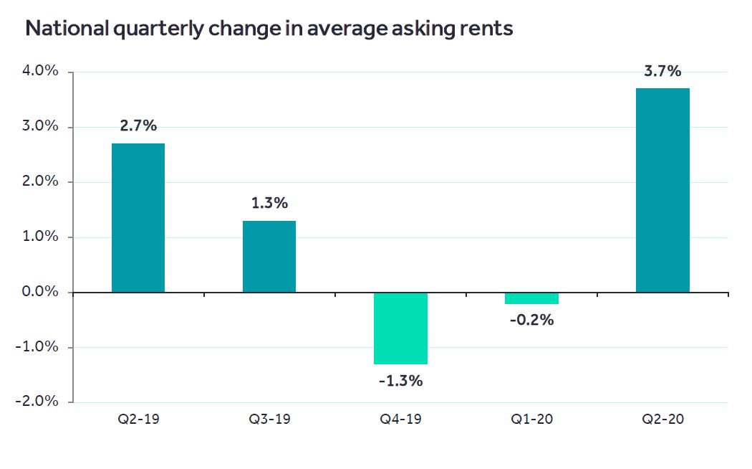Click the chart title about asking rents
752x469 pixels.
tap(269, 29)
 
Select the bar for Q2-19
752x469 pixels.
tap(138, 218)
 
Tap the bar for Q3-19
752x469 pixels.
tap(269, 256)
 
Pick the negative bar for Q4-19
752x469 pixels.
tap(400, 328)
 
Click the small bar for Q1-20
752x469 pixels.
tap(531, 298)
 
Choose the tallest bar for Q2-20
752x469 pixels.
tap(662, 190)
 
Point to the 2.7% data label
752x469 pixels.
tap(138, 126)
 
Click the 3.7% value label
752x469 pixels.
tap(662, 71)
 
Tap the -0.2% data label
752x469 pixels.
tap(531, 320)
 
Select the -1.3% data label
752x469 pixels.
tap(400, 381)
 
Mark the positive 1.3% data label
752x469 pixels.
tap(269, 204)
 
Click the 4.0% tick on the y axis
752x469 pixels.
tap(42, 72)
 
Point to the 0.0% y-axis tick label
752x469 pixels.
tap(42, 292)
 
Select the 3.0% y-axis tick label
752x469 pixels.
tap(42, 127)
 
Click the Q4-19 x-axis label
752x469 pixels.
tap(400, 419)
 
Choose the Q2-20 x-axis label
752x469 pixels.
tap(662, 419)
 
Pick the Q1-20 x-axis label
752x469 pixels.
tap(531, 419)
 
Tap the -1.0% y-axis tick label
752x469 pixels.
tap(39, 347)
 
